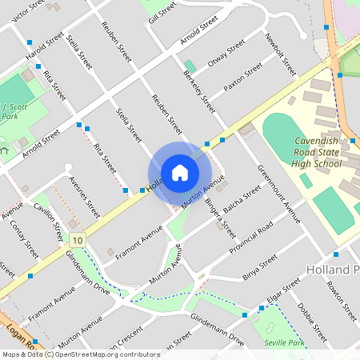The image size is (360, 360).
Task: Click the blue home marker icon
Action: [180, 173]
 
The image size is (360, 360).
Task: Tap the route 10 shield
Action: [77, 241]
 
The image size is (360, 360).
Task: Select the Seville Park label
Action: [285, 342]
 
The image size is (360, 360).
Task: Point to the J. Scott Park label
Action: [10, 110]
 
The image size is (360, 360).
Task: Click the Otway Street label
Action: [226, 51]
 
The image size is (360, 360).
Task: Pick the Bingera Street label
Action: [219, 218]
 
